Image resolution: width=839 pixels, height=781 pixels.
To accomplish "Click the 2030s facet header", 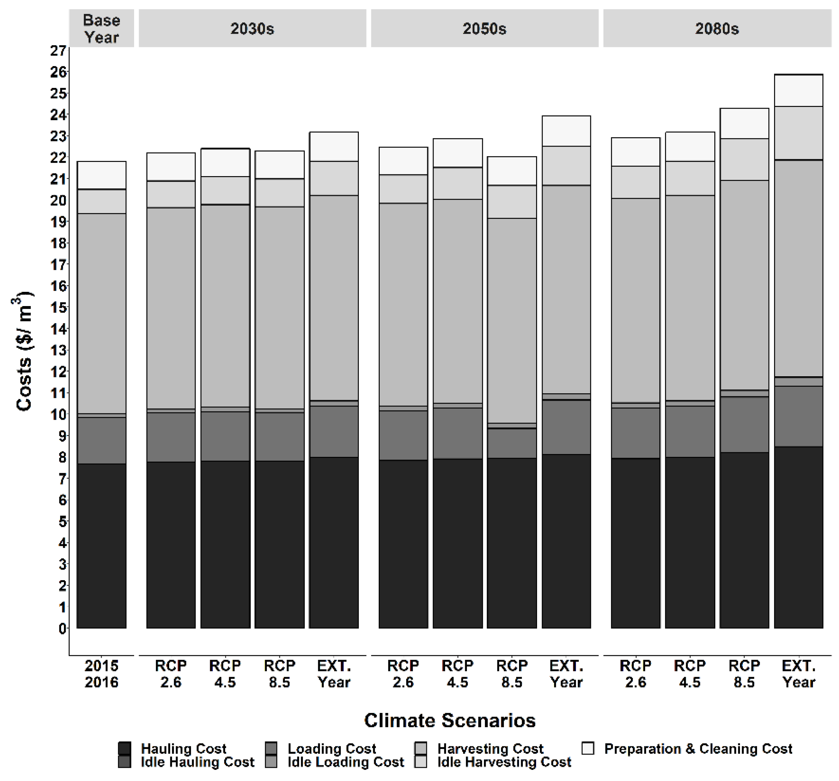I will [252, 29].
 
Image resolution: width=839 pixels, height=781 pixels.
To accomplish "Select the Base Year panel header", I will [101, 29].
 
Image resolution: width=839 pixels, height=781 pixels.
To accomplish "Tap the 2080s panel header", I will [717, 29].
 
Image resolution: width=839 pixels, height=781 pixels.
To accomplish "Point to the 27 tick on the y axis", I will [59, 51].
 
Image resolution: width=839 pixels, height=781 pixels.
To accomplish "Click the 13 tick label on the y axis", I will [59, 350].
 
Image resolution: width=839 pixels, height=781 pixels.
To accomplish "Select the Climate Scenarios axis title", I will [450, 720].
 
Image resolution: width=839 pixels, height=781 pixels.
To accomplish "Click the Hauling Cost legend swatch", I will [124, 748].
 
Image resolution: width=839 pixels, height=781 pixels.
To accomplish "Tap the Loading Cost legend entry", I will [331, 748].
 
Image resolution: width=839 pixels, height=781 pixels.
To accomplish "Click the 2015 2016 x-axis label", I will [101, 674].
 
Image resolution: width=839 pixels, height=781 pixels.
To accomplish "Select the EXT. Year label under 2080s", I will [798, 674].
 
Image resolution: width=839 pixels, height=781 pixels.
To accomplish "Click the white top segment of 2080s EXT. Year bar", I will [798, 90].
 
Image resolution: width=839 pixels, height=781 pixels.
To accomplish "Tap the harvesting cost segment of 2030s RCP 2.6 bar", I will [171, 308].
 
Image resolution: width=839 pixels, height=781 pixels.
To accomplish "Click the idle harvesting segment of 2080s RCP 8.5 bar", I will [744, 159].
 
